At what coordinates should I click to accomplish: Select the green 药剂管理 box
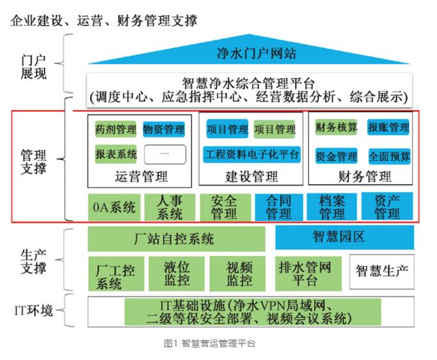tap(115, 130)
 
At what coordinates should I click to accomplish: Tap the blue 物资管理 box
tap(164, 130)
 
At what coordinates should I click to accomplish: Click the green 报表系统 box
tap(115, 154)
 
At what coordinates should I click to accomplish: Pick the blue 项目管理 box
tap(227, 130)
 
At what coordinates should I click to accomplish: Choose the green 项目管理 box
tap(275, 130)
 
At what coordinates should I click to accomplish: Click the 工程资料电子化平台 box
tap(252, 154)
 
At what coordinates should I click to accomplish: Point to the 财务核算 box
tap(337, 128)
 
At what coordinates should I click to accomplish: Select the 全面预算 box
tap(390, 155)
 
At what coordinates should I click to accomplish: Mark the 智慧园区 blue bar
tap(344, 237)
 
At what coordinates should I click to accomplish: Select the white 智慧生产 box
tap(381, 272)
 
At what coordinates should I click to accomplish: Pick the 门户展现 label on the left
tap(33, 67)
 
